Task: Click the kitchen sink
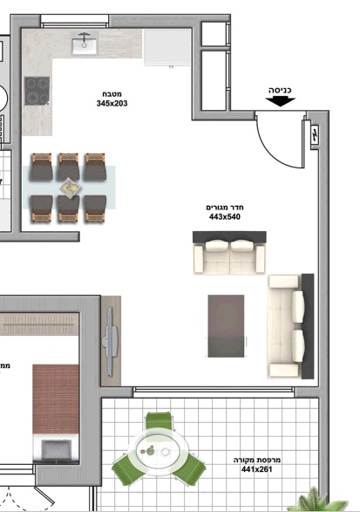coord(85,43)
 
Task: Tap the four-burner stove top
coord(37,91)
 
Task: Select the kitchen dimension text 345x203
coord(112,104)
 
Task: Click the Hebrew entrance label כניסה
coord(280,90)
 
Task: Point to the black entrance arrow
coord(280,101)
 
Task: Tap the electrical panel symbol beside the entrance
coord(315,134)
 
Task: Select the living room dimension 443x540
coord(225,217)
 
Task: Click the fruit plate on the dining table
coord(71,188)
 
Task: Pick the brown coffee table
coord(226,326)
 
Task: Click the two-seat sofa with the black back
coord(229,252)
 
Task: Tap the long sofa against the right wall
coord(290,326)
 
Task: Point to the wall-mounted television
coord(111,341)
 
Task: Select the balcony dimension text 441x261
coord(256,469)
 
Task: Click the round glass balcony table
coord(159,452)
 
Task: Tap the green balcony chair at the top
coord(159,420)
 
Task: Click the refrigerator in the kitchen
coord(167,47)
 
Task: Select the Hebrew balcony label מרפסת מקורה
coord(257,460)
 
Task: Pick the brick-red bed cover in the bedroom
coord(56,399)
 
